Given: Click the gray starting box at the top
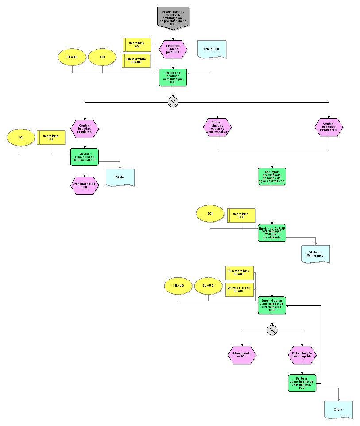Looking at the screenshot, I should (173, 18).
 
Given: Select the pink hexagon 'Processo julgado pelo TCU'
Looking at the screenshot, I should (173, 48).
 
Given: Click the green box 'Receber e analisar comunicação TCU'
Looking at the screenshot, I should (173, 78).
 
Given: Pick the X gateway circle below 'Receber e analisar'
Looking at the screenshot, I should (173, 102).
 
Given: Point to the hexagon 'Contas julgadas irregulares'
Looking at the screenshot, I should (329, 127).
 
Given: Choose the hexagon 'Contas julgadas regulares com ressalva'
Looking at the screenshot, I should (217, 127).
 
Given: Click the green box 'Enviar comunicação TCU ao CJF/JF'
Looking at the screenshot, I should (84, 157).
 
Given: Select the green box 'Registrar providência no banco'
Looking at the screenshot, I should (272, 176).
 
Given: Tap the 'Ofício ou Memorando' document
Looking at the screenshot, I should (316, 254).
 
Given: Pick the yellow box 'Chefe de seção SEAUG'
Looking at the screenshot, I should (240, 290).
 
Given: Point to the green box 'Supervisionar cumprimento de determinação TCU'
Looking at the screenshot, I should (272, 305).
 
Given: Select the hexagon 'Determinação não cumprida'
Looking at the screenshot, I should (302, 354).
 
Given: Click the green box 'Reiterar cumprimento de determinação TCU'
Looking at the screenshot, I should (302, 383).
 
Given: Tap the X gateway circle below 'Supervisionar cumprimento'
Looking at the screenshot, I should (272, 330).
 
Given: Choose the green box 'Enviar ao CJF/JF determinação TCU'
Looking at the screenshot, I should (272, 232).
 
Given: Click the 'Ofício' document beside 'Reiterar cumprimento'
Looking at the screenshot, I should (338, 410).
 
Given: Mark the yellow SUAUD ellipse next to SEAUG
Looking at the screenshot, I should (208, 286).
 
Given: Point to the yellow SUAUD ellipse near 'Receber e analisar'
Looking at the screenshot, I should (72, 58).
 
